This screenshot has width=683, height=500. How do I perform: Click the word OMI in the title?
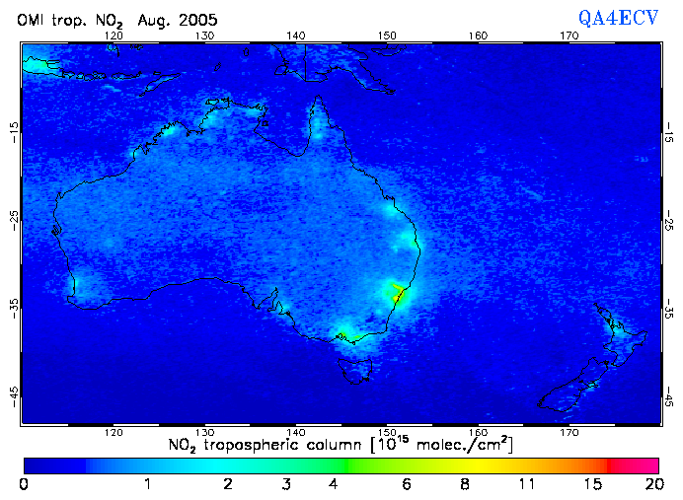[33, 20]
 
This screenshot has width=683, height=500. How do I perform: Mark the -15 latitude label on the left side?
[14, 129]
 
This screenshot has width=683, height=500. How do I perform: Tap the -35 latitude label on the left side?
[14, 307]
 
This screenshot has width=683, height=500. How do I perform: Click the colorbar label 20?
[652, 485]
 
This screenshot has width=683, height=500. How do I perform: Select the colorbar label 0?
[24, 485]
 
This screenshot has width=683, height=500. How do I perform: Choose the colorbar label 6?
[406, 485]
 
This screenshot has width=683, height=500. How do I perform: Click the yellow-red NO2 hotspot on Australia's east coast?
[399, 292]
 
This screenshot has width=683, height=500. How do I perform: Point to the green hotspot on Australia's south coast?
[342, 335]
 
